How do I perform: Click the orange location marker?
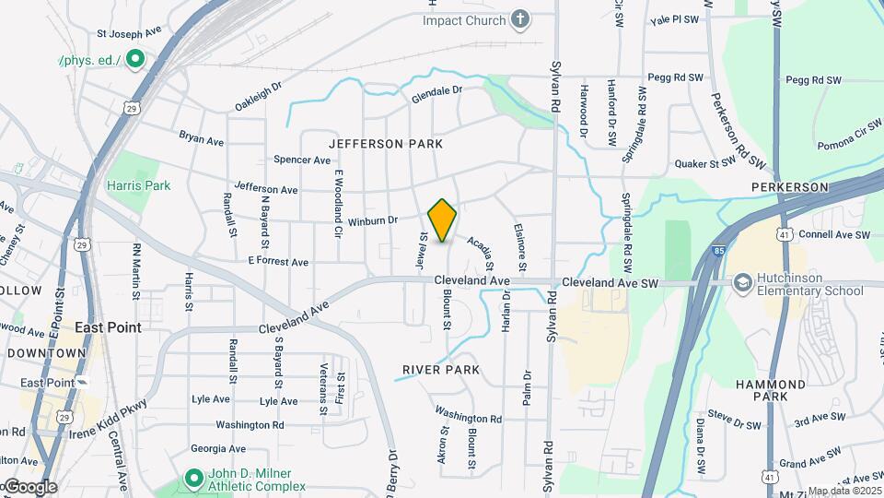click(442, 220)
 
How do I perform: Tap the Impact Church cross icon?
click(521, 20)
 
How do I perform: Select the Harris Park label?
click(139, 185)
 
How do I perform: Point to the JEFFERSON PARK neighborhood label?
click(386, 144)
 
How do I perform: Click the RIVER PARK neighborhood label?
click(441, 370)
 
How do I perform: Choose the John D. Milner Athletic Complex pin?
click(193, 479)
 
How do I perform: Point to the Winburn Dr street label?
click(372, 220)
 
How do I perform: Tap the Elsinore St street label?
click(520, 250)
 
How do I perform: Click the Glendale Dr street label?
click(436, 93)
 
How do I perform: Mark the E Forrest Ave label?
click(277, 261)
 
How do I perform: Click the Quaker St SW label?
click(703, 162)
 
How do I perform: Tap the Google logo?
click(29, 486)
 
